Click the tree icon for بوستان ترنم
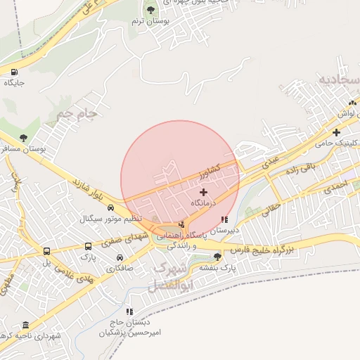[150, 10]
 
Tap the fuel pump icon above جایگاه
[14, 72]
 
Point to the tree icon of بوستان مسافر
[24, 138]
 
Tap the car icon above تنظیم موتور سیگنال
[111, 208]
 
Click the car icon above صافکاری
[120, 257]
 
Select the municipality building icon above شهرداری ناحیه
[26, 325]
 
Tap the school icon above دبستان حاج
[129, 311]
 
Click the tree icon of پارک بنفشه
[218, 256]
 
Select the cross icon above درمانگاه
[204, 192]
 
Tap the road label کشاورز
[210, 169]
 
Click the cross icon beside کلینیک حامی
[337, 132]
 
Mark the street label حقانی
[271, 207]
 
